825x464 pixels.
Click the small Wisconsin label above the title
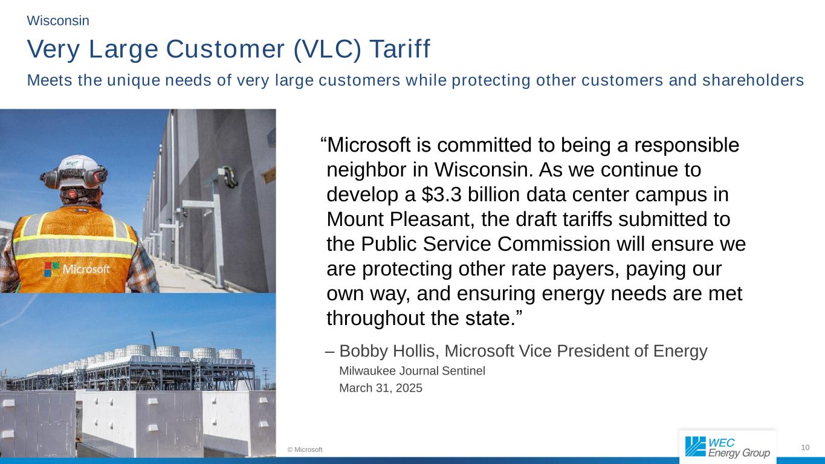coord(58,21)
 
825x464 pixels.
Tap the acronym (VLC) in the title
coord(327,49)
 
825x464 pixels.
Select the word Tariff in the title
coord(400,48)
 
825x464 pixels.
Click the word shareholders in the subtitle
coord(753,80)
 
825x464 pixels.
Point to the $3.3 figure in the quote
coord(441,195)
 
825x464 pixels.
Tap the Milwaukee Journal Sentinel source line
coord(412,370)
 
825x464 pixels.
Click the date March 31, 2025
coord(380,388)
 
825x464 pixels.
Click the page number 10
coord(805,448)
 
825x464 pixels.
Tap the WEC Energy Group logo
coord(728,448)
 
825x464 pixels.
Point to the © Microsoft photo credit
coord(305,449)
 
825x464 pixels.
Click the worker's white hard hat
coord(79,171)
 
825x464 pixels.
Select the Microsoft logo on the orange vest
coord(77,269)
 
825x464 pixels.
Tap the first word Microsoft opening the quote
coord(368,145)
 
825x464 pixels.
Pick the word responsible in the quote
coord(687,146)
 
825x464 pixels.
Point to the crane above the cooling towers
coord(153,340)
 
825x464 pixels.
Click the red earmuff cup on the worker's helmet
coord(99,177)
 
